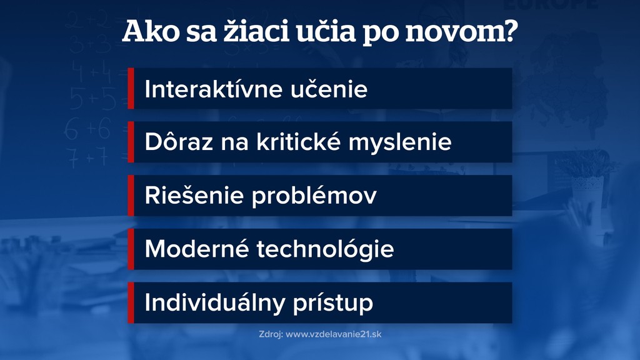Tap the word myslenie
click(x=400, y=143)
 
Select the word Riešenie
click(x=192, y=196)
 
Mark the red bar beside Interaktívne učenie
click(x=131, y=89)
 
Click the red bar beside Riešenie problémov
click(x=131, y=196)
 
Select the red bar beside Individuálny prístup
click(x=131, y=302)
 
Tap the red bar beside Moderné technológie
click(x=131, y=249)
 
